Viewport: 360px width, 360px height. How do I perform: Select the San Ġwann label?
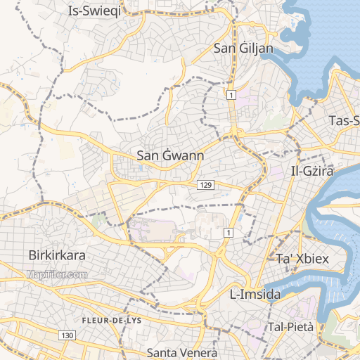(170, 155)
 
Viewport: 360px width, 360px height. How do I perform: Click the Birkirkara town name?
(56, 255)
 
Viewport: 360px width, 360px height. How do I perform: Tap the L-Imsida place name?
(256, 293)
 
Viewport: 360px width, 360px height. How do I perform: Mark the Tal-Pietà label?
(290, 327)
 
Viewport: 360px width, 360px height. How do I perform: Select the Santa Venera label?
(182, 352)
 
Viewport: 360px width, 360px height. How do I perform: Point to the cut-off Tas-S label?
(344, 121)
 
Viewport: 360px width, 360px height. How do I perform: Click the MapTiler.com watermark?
(58, 275)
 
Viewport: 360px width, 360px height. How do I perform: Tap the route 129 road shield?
(205, 184)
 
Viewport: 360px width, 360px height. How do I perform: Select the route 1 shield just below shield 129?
(228, 232)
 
